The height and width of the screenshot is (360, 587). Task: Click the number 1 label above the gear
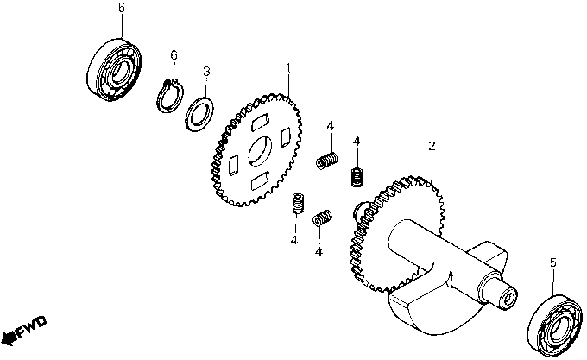click(288, 67)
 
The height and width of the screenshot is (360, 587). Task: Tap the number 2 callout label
click(431, 148)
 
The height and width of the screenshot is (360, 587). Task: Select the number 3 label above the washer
click(206, 71)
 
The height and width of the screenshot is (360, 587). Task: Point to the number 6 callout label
click(174, 55)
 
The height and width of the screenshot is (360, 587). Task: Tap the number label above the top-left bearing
click(121, 7)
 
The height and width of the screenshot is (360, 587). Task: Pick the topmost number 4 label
click(330, 126)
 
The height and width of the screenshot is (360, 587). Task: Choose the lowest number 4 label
click(319, 252)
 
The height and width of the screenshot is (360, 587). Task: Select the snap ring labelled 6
click(170, 94)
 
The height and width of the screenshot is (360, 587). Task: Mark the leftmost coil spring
click(300, 204)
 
